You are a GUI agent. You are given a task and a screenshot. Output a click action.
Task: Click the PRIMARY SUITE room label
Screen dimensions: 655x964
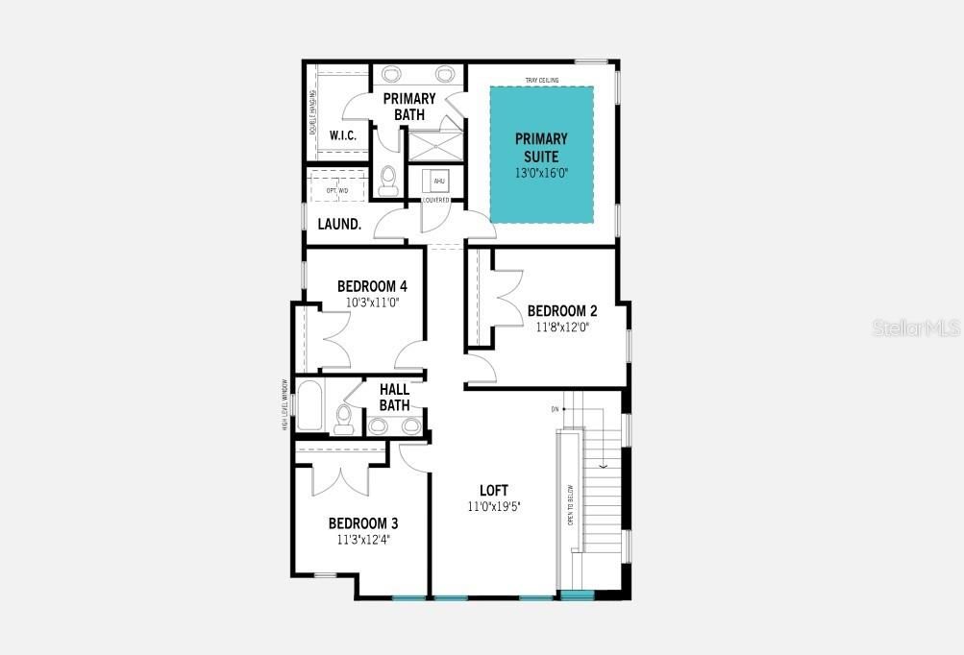[x=540, y=147]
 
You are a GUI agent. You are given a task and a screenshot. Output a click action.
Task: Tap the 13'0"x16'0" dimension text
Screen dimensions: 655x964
[x=541, y=174]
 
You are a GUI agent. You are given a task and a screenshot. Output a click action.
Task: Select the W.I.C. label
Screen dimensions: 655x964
[x=343, y=135]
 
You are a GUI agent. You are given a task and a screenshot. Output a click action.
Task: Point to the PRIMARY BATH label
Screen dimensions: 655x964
[x=409, y=107]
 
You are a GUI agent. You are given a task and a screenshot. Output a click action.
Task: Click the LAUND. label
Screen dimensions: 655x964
[x=339, y=224]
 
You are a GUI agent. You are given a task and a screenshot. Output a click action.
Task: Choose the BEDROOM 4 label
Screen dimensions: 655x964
[x=372, y=286]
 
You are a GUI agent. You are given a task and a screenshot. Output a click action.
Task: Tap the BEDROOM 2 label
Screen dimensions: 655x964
[x=562, y=310]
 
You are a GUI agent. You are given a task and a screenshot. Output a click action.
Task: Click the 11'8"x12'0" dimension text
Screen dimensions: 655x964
[x=562, y=327]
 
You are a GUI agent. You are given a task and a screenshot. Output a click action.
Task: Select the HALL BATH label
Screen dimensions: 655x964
[x=394, y=397]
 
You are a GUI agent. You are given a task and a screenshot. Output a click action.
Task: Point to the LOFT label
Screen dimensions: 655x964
[x=494, y=490]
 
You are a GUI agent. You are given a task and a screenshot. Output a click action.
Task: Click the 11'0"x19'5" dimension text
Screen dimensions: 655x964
[x=494, y=506]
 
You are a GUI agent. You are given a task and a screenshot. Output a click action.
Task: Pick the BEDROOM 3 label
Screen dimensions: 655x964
[x=363, y=523]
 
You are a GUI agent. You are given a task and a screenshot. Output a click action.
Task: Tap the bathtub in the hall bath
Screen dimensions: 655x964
[x=309, y=405]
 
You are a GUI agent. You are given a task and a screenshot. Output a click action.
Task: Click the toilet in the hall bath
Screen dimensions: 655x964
[x=344, y=416]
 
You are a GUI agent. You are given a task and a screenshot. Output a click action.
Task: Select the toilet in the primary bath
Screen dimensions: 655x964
[x=388, y=180]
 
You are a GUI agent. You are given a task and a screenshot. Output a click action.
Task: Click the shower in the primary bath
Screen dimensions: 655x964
[x=435, y=146]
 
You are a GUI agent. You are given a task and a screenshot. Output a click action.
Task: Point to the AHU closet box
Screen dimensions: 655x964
[x=438, y=181]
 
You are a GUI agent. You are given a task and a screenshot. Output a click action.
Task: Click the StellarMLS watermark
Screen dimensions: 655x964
[x=916, y=328]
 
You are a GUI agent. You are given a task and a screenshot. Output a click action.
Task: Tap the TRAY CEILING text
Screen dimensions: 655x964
[x=542, y=80]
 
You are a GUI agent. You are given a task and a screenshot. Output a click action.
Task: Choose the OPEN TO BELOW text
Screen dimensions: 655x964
[x=570, y=504]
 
